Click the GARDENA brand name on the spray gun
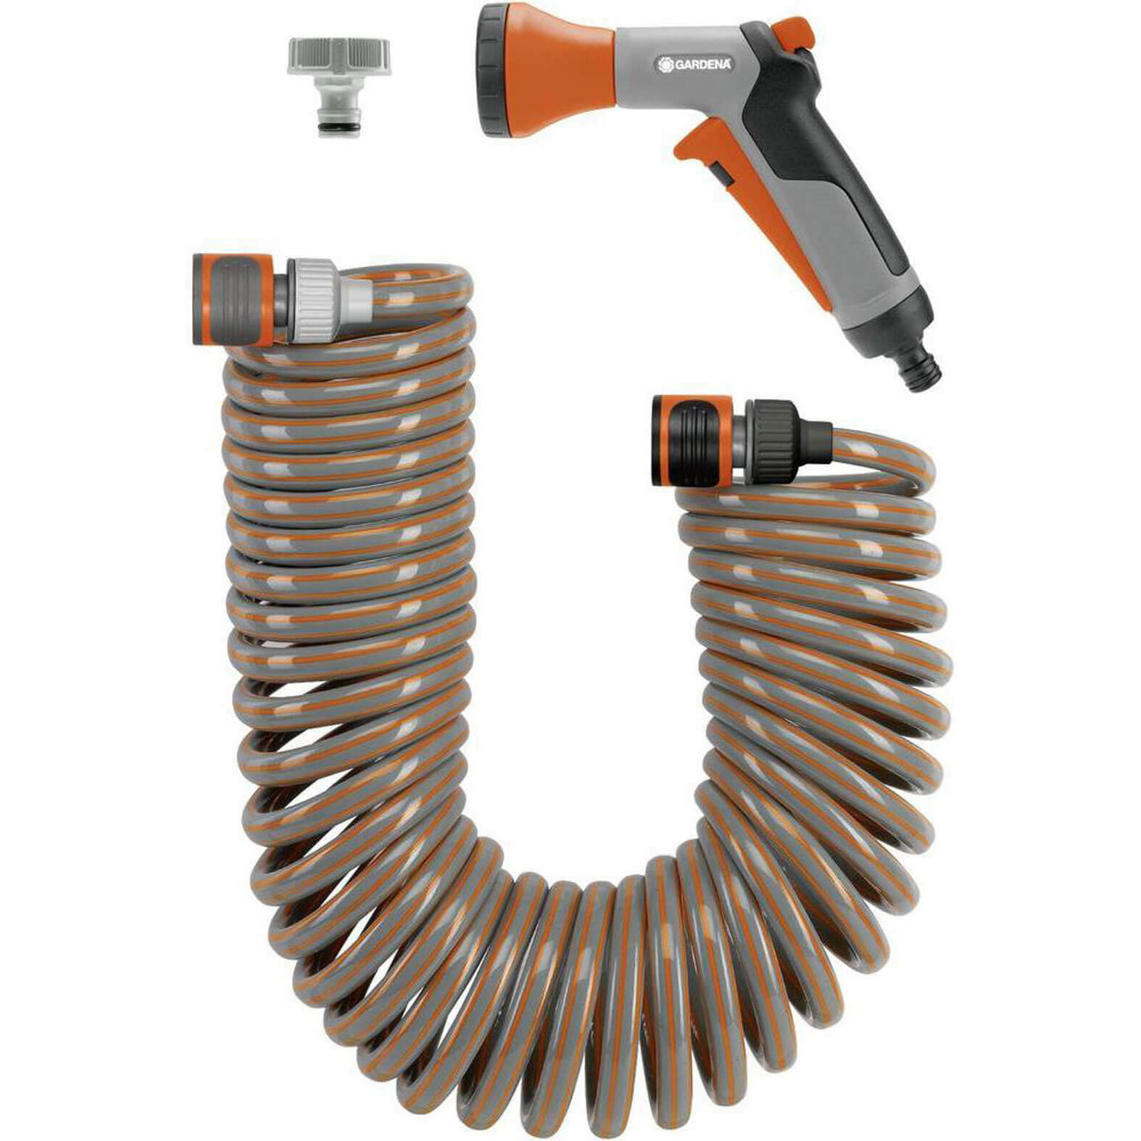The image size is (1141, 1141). [704, 65]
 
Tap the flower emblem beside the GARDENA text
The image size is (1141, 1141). [665, 65]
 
